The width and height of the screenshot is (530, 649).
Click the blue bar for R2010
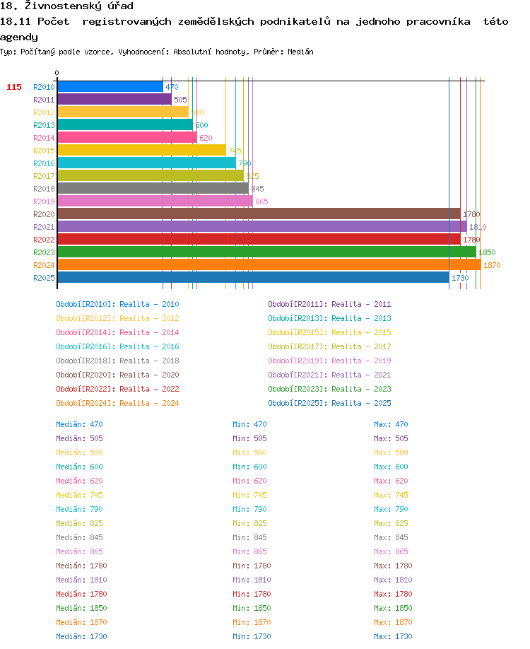(110, 86)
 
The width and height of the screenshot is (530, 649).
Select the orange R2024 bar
(269, 264)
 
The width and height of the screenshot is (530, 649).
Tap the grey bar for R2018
(153, 188)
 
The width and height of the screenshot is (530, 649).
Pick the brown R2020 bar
(259, 214)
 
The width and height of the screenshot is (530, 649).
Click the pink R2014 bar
(127, 137)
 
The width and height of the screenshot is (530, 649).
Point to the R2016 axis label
(44, 163)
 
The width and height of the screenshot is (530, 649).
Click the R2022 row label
(44, 240)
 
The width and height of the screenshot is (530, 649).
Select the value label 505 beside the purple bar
(180, 100)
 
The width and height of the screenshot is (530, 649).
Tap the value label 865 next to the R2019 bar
(261, 201)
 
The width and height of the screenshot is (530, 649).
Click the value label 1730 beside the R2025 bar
(460, 278)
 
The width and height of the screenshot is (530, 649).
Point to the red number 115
(14, 87)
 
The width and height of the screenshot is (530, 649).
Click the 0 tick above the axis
(57, 73)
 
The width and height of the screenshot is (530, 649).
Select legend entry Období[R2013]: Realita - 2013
(329, 318)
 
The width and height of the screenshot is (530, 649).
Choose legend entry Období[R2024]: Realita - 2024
(117, 403)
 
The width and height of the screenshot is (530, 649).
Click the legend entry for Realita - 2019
(329, 361)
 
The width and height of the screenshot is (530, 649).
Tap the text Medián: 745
(79, 495)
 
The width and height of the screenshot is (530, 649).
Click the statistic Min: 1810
(252, 580)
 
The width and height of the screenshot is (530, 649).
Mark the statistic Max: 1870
(393, 622)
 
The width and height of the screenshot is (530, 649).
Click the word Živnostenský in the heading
(62, 6)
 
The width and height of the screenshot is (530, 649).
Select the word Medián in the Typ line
(300, 52)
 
